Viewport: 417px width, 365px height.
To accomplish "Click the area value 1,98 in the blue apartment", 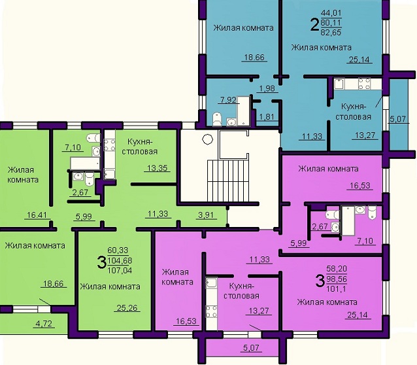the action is (x=267, y=88).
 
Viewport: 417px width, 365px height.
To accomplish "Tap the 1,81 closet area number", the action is (x=267, y=117).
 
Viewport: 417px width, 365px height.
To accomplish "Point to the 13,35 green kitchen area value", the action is (x=158, y=168).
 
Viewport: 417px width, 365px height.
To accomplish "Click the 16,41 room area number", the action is (x=37, y=215).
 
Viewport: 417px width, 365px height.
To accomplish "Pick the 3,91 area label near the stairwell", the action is (x=206, y=215).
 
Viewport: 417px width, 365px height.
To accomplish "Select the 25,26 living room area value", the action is (x=127, y=308).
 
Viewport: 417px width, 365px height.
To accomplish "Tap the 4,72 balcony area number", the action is (x=44, y=324).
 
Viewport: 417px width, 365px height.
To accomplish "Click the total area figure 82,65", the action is (x=331, y=33).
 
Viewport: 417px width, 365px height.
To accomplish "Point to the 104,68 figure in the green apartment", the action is (x=120, y=260).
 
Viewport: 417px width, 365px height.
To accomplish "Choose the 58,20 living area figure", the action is (x=337, y=268).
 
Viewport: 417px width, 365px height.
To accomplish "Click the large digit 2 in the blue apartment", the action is (x=314, y=25).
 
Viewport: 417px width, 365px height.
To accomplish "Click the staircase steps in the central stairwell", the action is (x=228, y=181).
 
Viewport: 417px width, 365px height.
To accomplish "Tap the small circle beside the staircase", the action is (x=207, y=139).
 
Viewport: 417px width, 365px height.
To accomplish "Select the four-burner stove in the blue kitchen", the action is (x=364, y=83).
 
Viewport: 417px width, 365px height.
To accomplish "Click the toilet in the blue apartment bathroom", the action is (x=217, y=119).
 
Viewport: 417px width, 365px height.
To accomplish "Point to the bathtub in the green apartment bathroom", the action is (x=85, y=163).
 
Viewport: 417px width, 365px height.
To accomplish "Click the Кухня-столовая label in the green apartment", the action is (x=140, y=147).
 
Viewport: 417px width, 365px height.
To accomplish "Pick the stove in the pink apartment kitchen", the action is (x=211, y=312).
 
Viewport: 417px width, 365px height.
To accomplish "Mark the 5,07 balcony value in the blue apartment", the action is (x=398, y=119).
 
